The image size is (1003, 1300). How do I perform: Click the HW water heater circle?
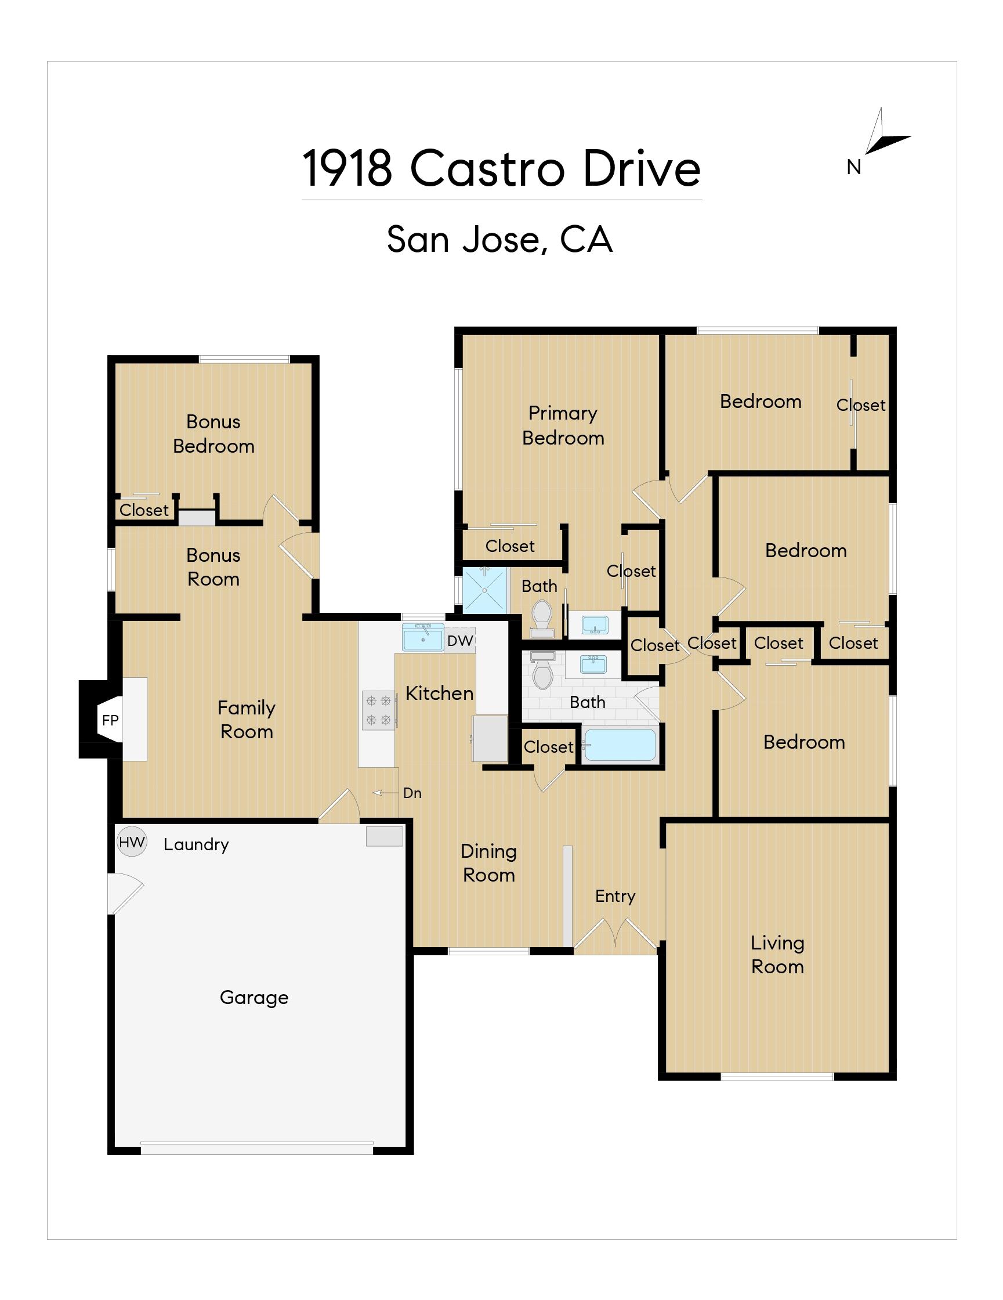[x=132, y=842]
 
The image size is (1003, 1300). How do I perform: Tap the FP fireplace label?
[x=110, y=720]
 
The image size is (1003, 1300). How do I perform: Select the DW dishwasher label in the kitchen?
[x=460, y=641]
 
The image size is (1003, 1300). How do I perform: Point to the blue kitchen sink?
[x=422, y=637]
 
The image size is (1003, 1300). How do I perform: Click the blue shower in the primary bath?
[x=486, y=590]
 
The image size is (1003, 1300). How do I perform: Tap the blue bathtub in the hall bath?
[x=620, y=745]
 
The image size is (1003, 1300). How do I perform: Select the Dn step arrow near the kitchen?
[x=385, y=793]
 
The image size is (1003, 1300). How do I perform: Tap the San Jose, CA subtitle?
[x=499, y=239]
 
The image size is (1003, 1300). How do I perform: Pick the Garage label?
[x=254, y=997]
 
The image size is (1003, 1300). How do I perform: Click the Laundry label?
[x=196, y=844]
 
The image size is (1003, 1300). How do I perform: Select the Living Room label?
[x=777, y=954]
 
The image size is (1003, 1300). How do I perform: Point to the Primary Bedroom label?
[x=563, y=425]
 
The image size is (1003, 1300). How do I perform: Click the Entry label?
[x=615, y=897]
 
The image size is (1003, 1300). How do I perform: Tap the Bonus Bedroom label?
[x=213, y=434]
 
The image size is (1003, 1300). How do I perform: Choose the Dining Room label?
[x=488, y=863]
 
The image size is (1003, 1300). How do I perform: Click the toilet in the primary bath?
[x=541, y=619]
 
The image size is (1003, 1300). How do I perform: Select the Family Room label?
[x=247, y=720]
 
